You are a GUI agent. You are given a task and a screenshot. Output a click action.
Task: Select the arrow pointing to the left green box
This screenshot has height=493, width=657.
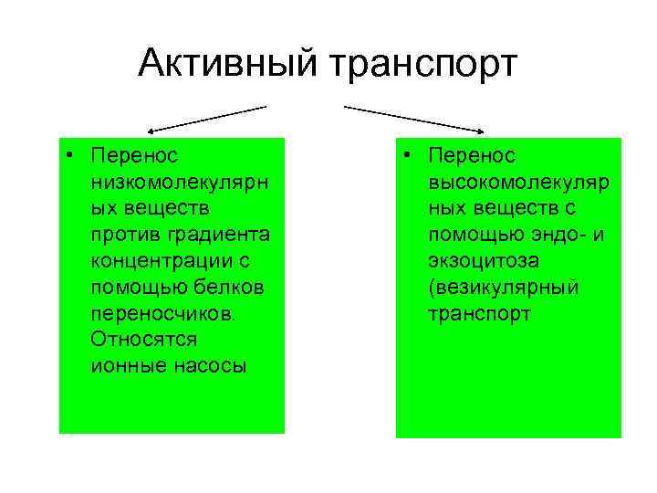[x=204, y=119]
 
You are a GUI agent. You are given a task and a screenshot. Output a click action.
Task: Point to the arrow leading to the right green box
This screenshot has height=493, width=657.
[x=415, y=119]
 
